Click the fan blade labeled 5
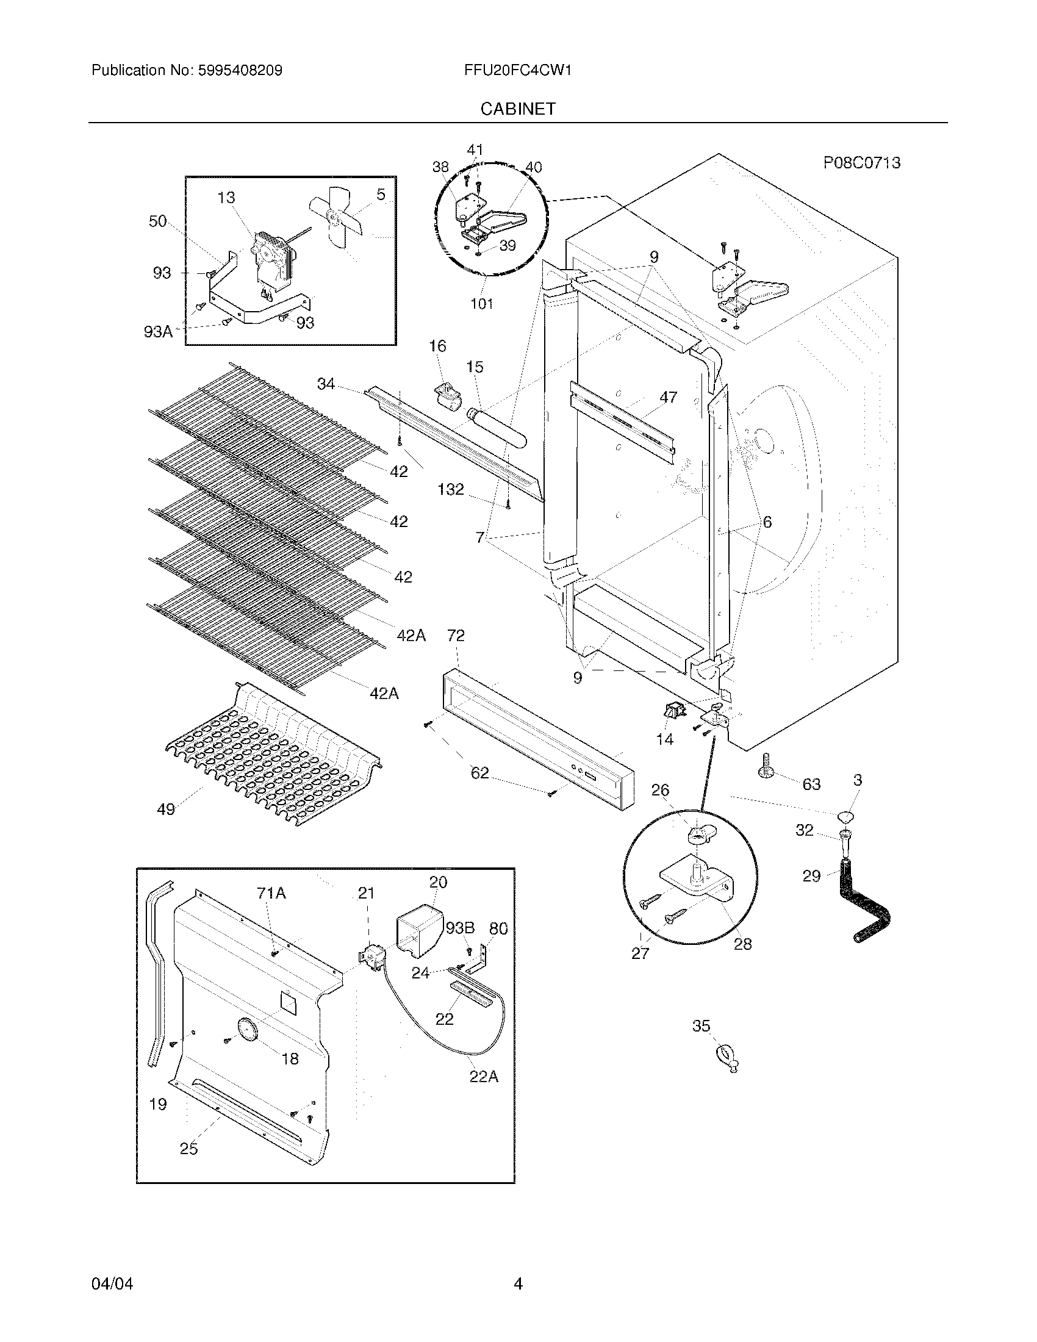[x=336, y=219]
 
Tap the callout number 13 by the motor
[x=226, y=198]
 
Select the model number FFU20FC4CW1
[x=518, y=71]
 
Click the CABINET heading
[x=518, y=109]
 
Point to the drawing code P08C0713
[x=862, y=163]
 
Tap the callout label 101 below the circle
[x=482, y=304]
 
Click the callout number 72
[x=456, y=636]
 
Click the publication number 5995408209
[x=240, y=71]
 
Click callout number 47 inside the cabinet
[x=668, y=398]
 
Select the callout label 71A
[x=271, y=894]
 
